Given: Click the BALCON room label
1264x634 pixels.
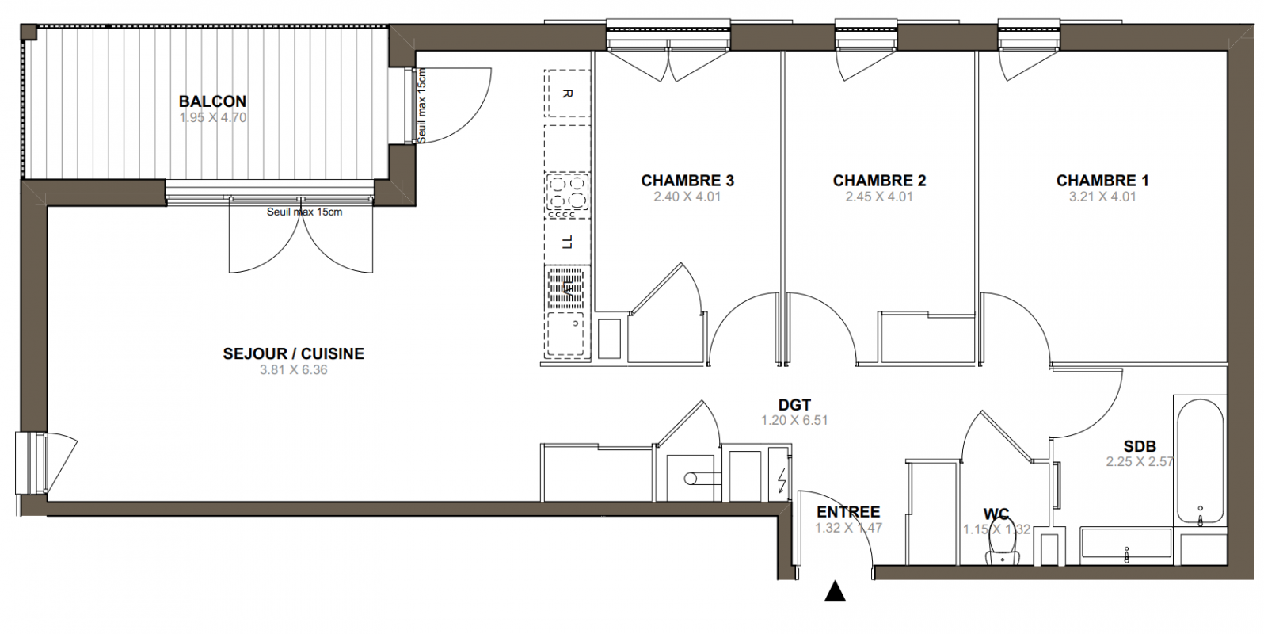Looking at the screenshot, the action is coord(213,101).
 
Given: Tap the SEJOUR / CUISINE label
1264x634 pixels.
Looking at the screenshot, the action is coord(293,354).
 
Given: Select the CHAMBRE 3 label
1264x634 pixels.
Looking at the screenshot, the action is coord(687,181).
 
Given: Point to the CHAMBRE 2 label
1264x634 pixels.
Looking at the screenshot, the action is coord(879,181).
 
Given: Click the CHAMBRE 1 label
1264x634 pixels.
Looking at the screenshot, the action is coord(1102,181).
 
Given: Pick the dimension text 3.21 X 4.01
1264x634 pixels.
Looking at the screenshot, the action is coord(1102,197).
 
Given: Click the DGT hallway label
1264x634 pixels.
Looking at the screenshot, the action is coord(794,405).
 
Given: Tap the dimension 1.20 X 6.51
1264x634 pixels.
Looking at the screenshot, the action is coord(794,420).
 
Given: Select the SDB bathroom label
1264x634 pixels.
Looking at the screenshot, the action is coord(1140,446).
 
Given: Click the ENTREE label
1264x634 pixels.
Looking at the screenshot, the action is coord(848,512).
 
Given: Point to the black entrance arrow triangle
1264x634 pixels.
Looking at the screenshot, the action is coord(835,591).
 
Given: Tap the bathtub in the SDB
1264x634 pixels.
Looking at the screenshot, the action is coord(1200,461).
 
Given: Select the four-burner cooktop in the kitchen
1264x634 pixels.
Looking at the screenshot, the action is coord(567,196).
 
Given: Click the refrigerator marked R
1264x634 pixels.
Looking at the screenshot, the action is coord(567,94).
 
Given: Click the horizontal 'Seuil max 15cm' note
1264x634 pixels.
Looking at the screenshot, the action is coord(304,212).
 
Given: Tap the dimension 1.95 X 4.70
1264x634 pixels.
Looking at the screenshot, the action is coord(213,118).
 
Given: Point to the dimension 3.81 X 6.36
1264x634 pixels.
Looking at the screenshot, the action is coord(293,370).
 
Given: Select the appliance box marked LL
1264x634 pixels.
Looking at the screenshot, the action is coord(567,243).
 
